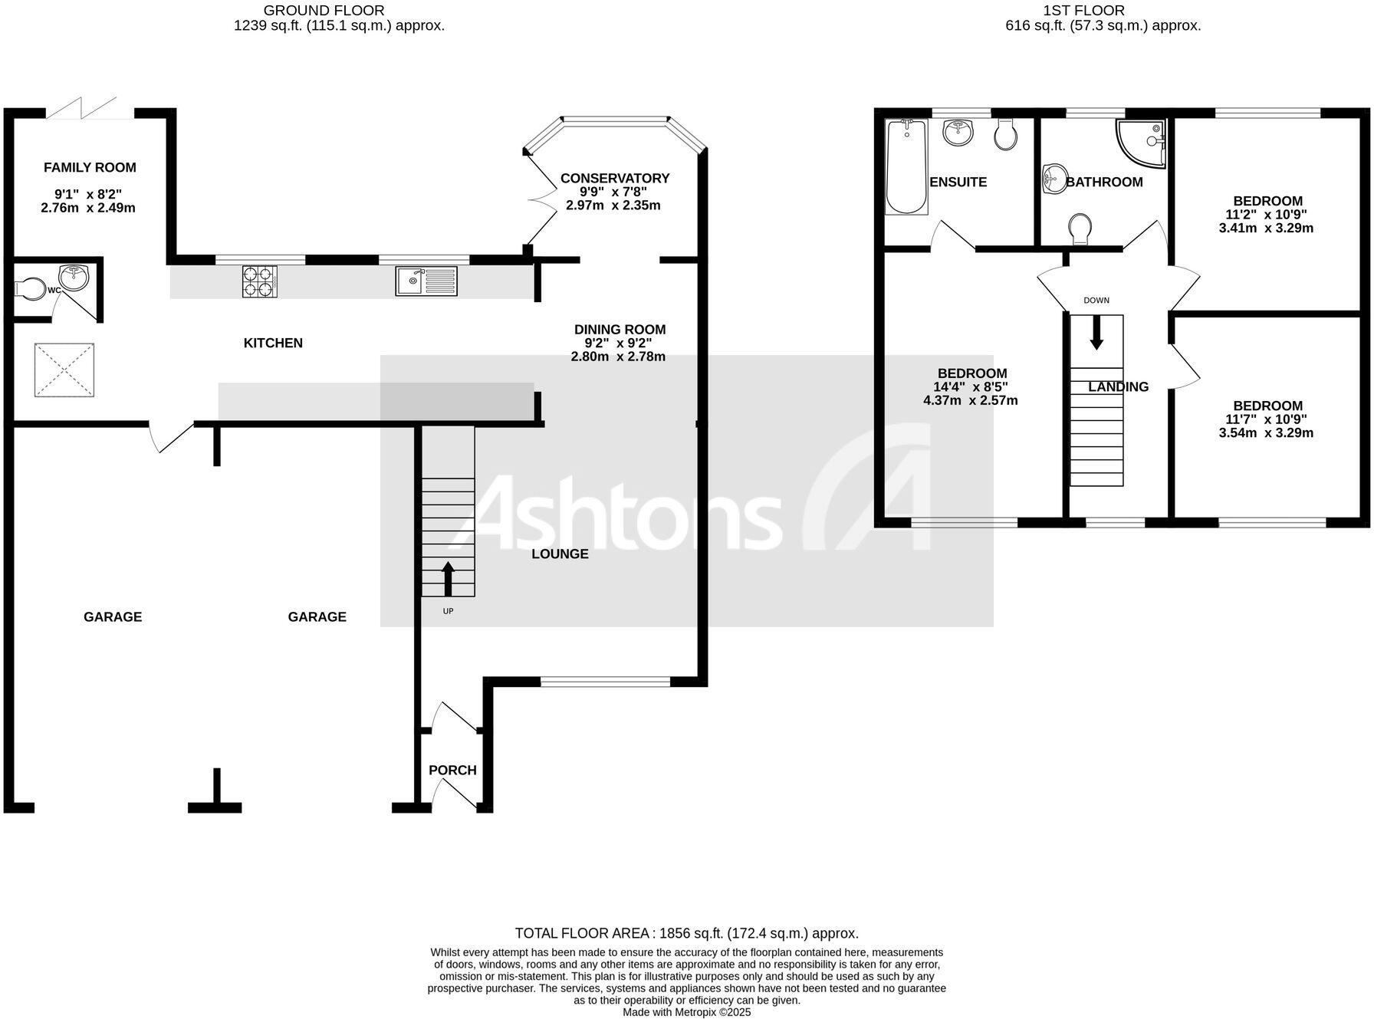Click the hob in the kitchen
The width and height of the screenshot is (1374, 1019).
260,281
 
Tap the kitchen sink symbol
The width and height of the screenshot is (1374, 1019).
426,281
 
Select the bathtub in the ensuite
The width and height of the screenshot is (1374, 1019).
906,166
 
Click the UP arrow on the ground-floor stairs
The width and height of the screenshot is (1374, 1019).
448,579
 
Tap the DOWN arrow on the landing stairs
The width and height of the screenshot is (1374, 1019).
1096,332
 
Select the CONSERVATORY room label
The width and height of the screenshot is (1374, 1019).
615,179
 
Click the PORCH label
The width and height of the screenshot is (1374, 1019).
452,771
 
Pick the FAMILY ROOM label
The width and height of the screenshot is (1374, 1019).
90,168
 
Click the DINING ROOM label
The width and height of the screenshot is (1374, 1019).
620,330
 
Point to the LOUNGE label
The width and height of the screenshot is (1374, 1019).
560,554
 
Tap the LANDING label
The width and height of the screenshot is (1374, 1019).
1119,387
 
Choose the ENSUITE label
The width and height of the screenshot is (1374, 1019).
958,182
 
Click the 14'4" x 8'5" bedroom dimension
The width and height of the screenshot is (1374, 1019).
971,387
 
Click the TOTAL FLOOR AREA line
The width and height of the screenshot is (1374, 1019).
686,934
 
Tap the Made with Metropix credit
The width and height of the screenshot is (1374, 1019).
686,1012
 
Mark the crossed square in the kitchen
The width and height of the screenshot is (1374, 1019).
64,370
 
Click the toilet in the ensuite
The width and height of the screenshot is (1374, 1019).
1006,135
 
